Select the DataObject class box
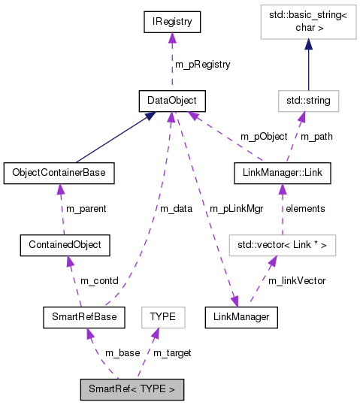click(x=172, y=99)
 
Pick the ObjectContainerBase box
click(x=59, y=173)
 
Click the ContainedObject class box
click(x=65, y=245)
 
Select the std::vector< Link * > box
click(x=282, y=245)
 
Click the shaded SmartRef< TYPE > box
click(x=132, y=390)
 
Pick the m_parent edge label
click(x=87, y=208)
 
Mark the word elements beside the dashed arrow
click(x=305, y=208)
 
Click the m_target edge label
click(x=171, y=353)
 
